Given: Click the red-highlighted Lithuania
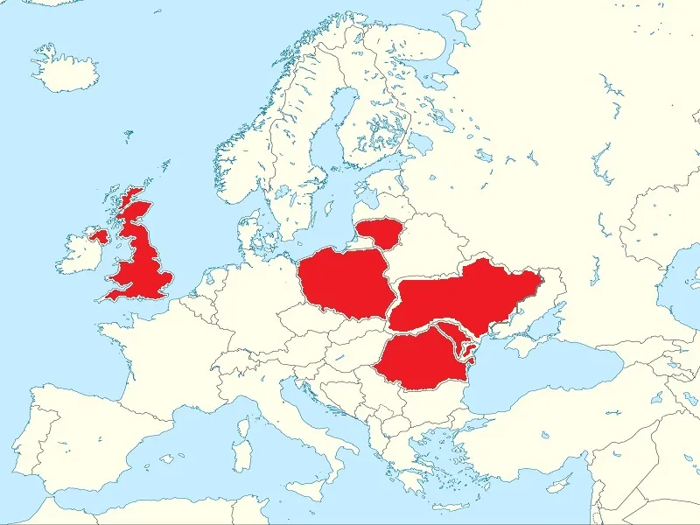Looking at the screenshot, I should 379,233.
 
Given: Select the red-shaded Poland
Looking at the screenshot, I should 342,282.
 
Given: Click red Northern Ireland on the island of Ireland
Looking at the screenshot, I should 98,235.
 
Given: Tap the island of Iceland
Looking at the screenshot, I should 66,70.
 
